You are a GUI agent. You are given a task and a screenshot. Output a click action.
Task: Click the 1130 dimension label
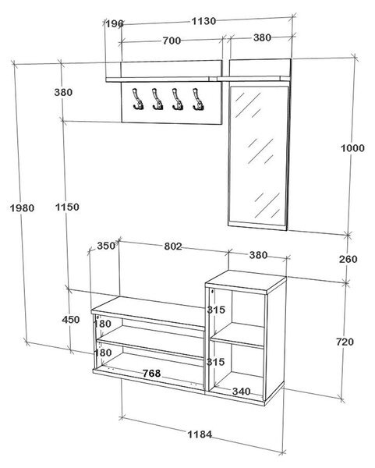tap(203, 21)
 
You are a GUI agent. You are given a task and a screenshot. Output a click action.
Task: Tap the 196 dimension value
tap(115, 23)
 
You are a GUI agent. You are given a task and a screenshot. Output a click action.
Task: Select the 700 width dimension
tap(172, 41)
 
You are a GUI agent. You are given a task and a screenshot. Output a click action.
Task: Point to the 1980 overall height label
tap(22, 207)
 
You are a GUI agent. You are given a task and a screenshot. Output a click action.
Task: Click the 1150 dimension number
tap(67, 207)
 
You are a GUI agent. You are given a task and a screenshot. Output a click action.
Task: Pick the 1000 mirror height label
tap(352, 147)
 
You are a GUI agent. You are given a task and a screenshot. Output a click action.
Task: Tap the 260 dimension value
tap(348, 259)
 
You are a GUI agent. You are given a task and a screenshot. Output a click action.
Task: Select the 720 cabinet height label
tap(345, 342)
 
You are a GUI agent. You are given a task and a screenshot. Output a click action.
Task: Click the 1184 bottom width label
tap(200, 434)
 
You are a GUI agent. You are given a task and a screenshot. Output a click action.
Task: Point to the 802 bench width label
tap(173, 246)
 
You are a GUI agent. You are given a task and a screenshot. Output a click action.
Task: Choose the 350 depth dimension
tap(106, 246)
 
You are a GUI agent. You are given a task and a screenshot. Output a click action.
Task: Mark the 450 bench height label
tap(71, 320)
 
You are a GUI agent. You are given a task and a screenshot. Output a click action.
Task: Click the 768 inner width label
tap(151, 373)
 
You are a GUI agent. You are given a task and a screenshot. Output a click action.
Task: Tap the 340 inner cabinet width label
tap(242, 391)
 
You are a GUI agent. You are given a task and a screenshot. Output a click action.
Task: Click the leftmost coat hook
tap(137, 99)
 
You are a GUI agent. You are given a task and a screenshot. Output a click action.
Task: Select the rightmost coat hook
tap(198, 99)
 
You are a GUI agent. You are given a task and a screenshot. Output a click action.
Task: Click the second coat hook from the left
tap(157, 99)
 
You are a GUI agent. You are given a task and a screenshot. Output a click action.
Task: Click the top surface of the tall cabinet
tap(246, 281)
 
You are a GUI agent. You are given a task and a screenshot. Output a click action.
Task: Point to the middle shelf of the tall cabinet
tap(238, 335)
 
